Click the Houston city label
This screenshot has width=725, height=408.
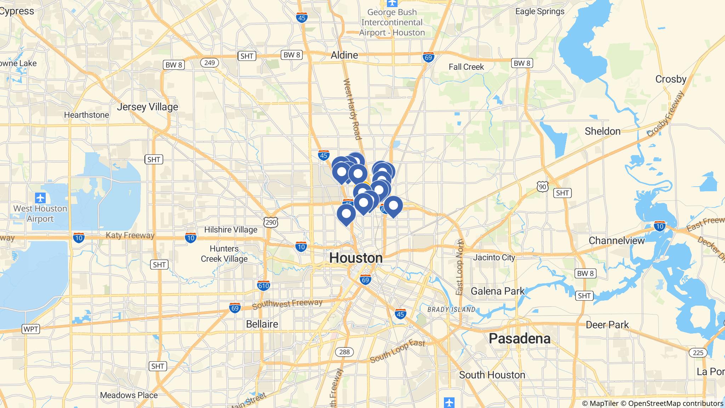356,258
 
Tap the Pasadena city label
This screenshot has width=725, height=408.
519,339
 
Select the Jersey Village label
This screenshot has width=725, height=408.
147,107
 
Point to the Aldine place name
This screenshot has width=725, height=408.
344,55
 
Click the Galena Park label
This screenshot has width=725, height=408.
497,291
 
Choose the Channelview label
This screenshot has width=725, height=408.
617,241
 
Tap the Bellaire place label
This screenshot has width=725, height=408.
262,324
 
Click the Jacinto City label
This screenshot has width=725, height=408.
494,257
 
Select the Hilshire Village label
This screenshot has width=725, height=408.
230,230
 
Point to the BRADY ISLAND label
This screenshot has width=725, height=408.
451,310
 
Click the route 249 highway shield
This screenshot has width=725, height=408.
209,63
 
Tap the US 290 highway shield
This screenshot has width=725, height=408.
271,222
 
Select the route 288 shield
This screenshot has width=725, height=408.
344,352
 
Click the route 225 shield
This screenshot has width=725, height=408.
698,352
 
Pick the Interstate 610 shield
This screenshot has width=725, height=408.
264,285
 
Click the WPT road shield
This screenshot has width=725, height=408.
31,329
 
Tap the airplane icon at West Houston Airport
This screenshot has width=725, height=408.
40,198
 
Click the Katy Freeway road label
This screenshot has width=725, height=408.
130,236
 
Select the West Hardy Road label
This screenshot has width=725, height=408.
352,109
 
